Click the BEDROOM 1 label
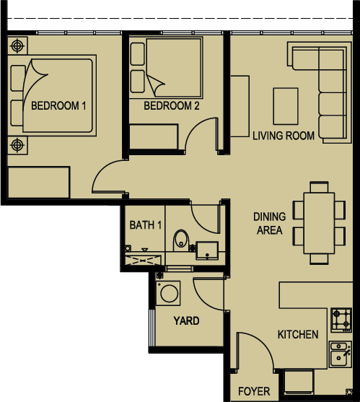click(58, 105)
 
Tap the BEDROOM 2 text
click(171, 105)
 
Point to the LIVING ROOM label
click(284, 136)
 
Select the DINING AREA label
click(270, 223)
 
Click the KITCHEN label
click(298, 335)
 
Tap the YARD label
click(186, 320)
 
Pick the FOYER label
click(254, 391)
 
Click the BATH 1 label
click(146, 225)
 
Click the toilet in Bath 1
click(181, 240)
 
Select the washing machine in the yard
click(168, 293)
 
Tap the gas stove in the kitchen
click(341, 320)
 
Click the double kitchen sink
click(341, 354)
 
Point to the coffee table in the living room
click(286, 106)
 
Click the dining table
click(319, 223)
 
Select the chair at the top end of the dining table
click(319, 187)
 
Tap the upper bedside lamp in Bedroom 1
click(17, 46)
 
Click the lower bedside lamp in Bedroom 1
click(17, 145)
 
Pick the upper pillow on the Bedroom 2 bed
click(137, 54)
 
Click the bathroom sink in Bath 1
click(207, 250)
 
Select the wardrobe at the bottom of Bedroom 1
click(39, 183)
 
